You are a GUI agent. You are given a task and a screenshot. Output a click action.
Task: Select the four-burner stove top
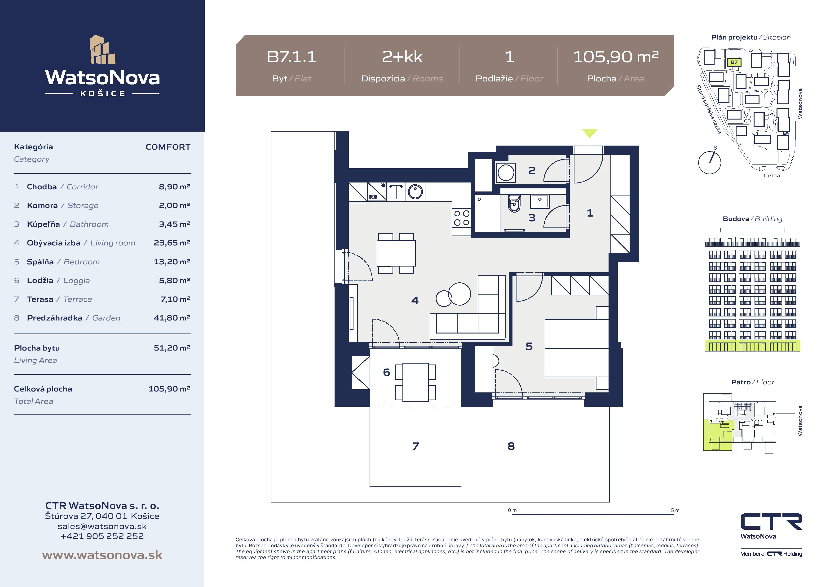pos(462,218)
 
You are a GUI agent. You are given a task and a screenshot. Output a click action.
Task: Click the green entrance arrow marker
pos(590,133)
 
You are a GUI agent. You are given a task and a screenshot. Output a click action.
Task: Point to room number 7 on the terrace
pos(416,446)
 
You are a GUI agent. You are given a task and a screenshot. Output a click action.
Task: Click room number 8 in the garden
pos(511,446)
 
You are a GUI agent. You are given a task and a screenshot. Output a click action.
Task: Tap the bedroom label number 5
pos(529,346)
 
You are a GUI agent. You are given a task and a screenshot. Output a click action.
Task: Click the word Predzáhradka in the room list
pos(55,318)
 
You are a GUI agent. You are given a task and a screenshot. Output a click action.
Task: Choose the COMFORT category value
pos(168,147)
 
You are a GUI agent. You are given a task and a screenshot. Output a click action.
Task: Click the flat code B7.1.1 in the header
pos(291,57)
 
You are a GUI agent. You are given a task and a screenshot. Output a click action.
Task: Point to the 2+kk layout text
pos(402,57)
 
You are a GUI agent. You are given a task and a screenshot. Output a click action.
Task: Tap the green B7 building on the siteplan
pos(734,62)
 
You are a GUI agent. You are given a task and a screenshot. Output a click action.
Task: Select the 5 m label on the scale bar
pos(675,510)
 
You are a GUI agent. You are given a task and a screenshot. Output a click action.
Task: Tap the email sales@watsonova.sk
pos(102,526)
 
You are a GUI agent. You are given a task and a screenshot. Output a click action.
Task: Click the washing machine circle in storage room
pos(506,173)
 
